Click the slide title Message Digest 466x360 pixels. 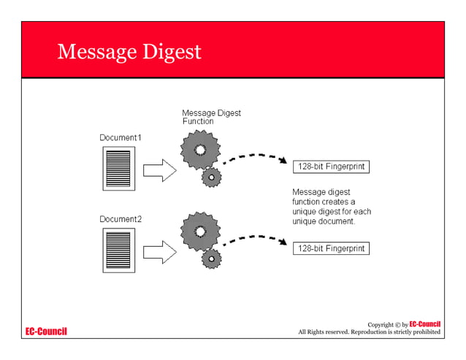click(x=129, y=53)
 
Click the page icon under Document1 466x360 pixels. click(x=119, y=169)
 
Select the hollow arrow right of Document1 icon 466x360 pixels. click(x=158, y=171)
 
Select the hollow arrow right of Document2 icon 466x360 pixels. click(x=158, y=253)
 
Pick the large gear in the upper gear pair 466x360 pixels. click(x=198, y=150)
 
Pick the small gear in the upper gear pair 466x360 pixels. click(x=212, y=177)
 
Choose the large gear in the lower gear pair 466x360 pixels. click(x=198, y=231)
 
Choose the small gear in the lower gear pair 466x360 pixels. click(x=212, y=258)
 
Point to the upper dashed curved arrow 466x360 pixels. click(x=253, y=156)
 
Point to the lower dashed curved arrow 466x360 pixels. click(x=253, y=238)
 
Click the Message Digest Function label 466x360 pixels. click(x=210, y=118)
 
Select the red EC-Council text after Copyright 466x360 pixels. click(x=424, y=323)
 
